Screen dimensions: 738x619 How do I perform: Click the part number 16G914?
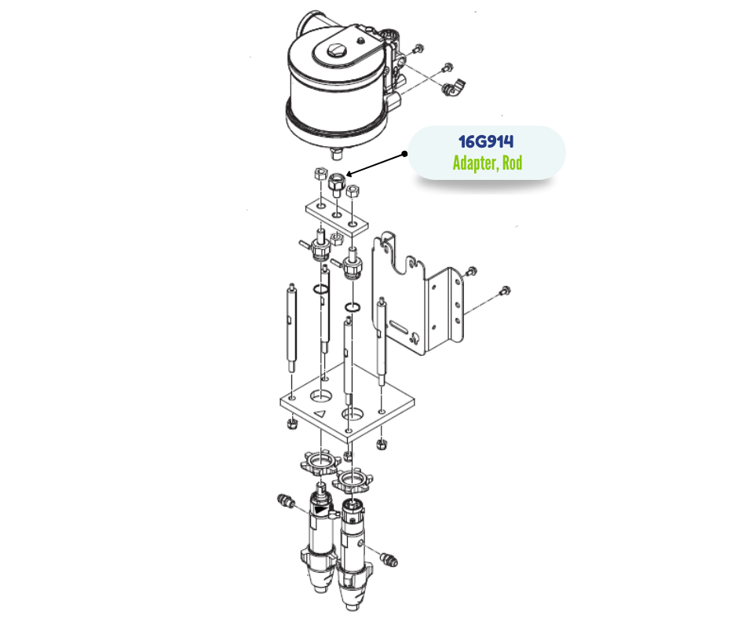pos(486,141)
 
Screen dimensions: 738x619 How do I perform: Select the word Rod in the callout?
pos(513,163)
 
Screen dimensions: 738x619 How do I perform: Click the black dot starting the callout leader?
pos(404,154)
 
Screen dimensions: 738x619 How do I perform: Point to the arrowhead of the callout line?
pos(349,174)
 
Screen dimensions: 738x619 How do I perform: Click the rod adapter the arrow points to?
pos(337,185)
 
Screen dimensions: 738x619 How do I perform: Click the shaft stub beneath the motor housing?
pos(337,154)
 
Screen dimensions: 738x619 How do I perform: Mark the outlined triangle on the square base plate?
pos(320,414)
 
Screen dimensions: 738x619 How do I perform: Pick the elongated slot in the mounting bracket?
pos(399,325)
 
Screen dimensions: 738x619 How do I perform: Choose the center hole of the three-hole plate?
pos(338,215)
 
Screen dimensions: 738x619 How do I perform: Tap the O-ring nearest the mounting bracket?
pos(353,308)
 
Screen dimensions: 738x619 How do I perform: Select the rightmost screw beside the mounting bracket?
pos(505,291)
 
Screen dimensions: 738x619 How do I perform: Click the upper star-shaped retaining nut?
pos(320,463)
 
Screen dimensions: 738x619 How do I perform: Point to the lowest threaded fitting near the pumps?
pos(389,559)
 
